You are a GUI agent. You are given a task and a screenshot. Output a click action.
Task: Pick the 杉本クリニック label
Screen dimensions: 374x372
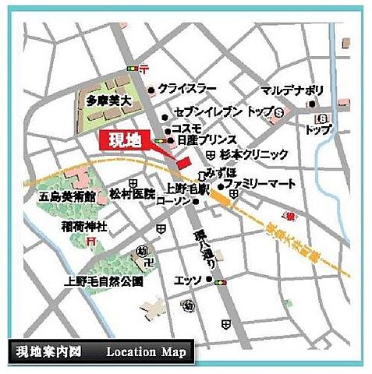pos(254,155)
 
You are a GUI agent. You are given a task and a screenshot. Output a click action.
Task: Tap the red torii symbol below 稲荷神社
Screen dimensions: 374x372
pos(92,242)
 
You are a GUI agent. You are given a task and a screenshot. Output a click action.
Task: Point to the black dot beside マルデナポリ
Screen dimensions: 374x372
pos(311,104)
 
